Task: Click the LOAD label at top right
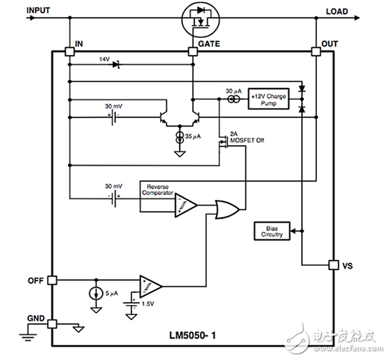(337, 11)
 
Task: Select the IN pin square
(69, 51)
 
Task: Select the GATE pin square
(192, 51)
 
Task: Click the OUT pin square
(315, 51)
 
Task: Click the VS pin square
(333, 265)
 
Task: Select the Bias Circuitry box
(273, 231)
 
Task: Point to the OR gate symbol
(228, 209)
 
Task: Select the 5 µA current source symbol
(95, 292)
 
